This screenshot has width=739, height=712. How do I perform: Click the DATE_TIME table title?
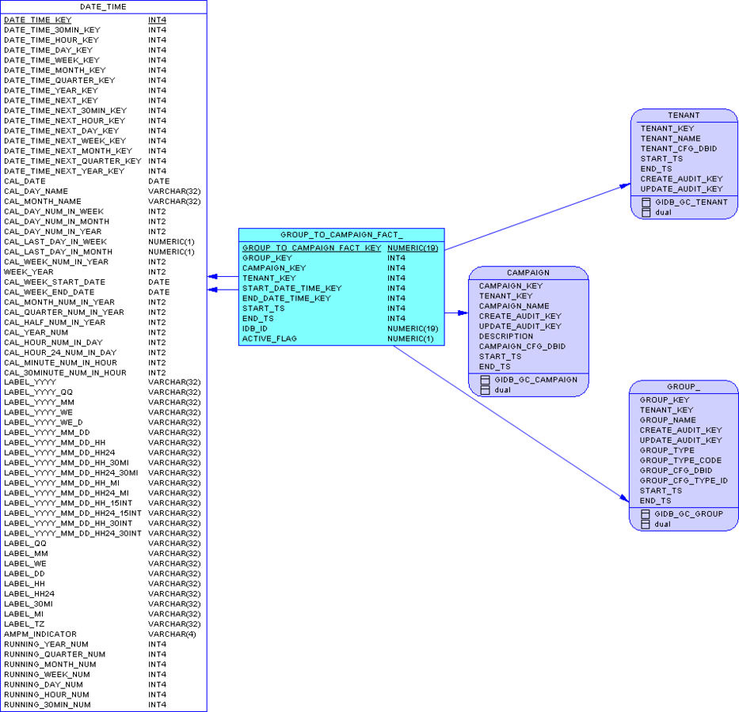[x=103, y=6]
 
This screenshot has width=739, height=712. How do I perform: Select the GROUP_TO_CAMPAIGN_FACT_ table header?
[x=341, y=235]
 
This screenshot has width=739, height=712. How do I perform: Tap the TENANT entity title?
[x=684, y=116]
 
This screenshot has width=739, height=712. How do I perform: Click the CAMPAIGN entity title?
[x=528, y=273]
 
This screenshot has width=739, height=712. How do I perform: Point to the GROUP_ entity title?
[x=684, y=387]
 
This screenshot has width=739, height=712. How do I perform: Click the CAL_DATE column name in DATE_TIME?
[x=25, y=181]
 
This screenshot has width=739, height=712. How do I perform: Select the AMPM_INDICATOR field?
[x=40, y=634]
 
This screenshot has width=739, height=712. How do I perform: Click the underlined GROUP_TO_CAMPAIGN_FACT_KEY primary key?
[x=311, y=248]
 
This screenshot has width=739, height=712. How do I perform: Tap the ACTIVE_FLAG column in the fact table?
[x=269, y=339]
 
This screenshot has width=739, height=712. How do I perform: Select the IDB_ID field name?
[x=255, y=328]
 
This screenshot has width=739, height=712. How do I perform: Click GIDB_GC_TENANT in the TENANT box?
[x=691, y=203]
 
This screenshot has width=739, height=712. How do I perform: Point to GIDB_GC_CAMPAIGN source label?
[x=536, y=380]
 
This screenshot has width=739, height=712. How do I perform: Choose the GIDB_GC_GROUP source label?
[x=688, y=514]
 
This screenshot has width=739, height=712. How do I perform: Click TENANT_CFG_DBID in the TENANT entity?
[x=679, y=149]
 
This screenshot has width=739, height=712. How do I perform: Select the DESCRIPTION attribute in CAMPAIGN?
[x=506, y=336]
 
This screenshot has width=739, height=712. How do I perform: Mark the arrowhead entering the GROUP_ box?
[x=624, y=498]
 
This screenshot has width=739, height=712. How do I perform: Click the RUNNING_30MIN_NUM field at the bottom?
[x=48, y=705]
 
